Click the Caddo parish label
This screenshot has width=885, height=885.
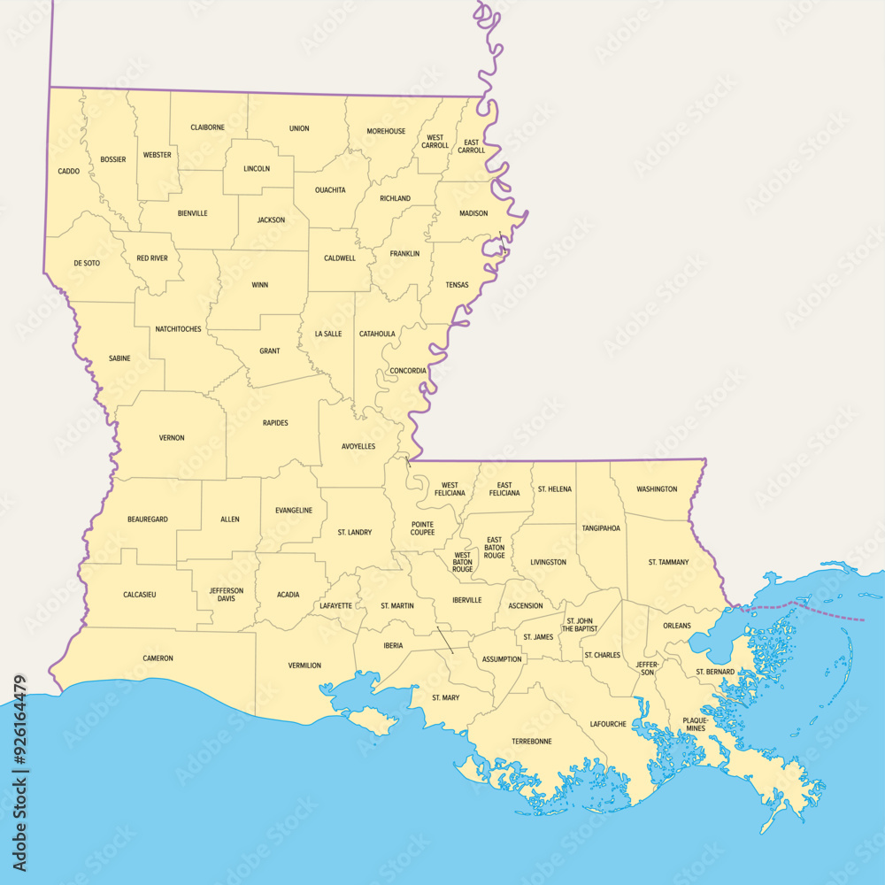(69, 171)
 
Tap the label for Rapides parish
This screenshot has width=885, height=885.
(275, 423)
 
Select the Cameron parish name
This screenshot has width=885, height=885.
(158, 658)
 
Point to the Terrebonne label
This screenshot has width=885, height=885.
(531, 741)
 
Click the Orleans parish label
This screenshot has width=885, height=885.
(677, 626)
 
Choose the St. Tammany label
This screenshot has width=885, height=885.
(668, 562)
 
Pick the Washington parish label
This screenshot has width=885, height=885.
(657, 489)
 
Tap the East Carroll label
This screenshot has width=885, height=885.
(472, 146)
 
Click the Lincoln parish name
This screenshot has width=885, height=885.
(257, 168)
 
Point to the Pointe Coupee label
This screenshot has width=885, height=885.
(422, 528)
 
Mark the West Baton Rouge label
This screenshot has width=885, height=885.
(463, 562)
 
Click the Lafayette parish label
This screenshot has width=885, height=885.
(336, 606)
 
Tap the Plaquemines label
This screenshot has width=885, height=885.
(696, 724)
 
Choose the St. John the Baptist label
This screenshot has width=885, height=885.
(582, 625)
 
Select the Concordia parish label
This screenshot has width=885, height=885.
(408, 371)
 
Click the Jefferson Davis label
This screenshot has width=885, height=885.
(226, 595)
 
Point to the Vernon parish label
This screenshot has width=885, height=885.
(172, 437)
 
